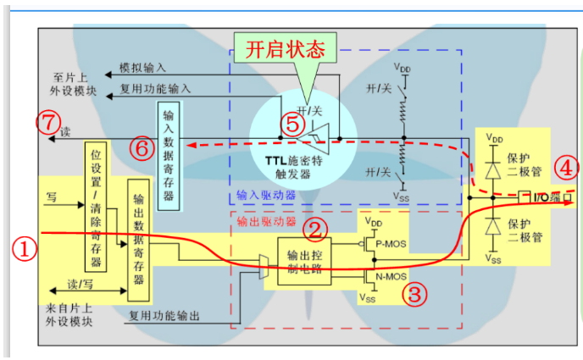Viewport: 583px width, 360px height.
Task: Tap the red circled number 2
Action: (x=315, y=227)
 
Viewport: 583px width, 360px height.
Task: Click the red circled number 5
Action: (x=291, y=124)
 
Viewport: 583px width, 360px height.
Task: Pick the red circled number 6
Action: (x=142, y=147)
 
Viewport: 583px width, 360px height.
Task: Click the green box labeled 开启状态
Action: (x=286, y=49)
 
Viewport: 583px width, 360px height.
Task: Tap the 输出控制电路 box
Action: (x=304, y=258)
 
